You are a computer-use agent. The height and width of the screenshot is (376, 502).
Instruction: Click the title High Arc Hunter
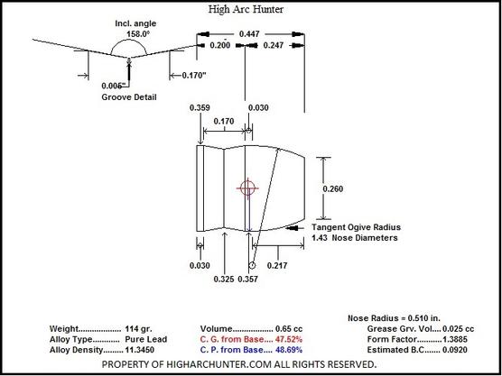point(246,10)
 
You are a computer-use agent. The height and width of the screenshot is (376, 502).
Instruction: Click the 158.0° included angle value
point(138,34)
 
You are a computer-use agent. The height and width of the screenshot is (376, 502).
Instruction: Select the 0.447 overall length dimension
point(249,34)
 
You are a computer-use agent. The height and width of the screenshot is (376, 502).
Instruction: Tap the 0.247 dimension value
point(273,45)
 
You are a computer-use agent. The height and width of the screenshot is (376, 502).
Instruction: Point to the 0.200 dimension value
point(219,45)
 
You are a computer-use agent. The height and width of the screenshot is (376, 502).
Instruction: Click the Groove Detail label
point(129,97)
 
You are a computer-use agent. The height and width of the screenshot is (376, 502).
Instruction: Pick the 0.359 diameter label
point(200,107)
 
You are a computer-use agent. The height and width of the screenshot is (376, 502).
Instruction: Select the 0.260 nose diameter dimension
point(332,189)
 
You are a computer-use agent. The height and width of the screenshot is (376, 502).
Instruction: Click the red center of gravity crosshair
point(247,188)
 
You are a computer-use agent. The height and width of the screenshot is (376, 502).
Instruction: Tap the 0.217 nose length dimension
point(277,266)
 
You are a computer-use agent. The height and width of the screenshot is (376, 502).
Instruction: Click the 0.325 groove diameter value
point(224,280)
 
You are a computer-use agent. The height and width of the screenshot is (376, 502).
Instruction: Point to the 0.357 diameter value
point(247,280)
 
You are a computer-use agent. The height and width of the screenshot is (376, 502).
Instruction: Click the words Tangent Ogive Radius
point(357,227)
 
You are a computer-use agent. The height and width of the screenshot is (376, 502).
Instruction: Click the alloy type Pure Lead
point(146,340)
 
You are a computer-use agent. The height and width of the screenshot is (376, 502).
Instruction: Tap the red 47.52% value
point(289,339)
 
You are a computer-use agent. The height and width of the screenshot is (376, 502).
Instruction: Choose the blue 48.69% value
point(289,350)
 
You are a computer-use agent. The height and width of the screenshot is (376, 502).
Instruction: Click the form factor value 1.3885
point(455,339)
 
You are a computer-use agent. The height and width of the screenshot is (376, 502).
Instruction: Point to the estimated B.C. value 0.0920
point(455,350)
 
